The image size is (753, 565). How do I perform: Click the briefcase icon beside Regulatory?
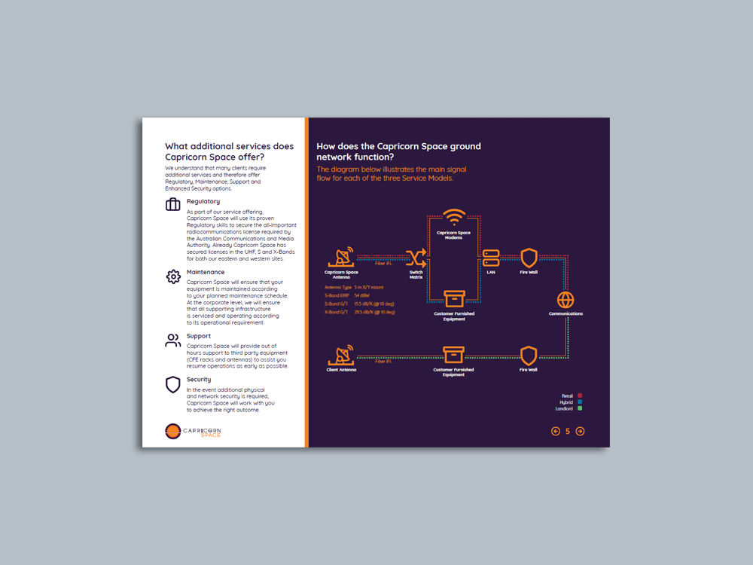pos(173,204)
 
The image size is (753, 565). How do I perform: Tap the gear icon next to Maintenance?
pos(173,276)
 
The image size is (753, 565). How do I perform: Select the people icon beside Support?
pos(173,341)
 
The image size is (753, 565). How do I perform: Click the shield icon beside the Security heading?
pos(173,385)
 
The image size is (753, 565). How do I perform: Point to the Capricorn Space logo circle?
pos(172,431)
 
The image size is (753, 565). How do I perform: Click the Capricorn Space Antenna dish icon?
pos(341,257)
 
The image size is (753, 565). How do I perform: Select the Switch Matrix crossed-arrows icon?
pos(416,258)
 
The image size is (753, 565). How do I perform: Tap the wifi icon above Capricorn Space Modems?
pos(453,218)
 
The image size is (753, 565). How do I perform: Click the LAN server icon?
pos(491,258)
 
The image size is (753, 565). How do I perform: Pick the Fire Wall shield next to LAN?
pos(529,257)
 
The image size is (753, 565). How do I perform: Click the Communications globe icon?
pos(566,300)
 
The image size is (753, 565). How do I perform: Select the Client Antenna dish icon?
pos(341,354)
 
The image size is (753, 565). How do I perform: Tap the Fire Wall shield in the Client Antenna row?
pos(529,356)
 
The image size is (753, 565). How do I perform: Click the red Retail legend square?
pos(580,395)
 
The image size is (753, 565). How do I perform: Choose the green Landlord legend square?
pos(580,409)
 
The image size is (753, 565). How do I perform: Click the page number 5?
pos(568,432)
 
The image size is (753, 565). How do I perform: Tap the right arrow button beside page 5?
pos(580,432)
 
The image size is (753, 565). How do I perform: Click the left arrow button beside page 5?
pos(556,432)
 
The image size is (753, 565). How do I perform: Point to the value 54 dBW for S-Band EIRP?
pos(361,295)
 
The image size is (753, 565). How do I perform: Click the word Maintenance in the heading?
pos(206,272)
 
